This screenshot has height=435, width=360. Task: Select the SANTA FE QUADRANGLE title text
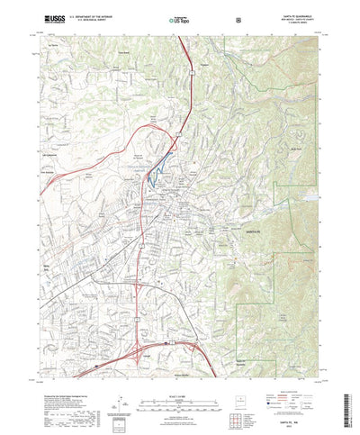[x=301, y=14]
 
